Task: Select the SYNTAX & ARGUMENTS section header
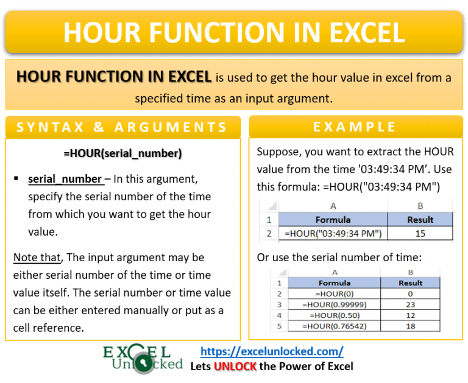[122, 128]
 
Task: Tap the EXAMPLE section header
[355, 127]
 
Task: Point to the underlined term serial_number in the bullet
[65, 179]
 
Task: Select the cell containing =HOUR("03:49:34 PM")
[333, 233]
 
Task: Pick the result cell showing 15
[420, 233]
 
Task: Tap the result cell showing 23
[410, 304]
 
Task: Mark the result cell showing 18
[410, 327]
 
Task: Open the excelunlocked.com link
[272, 351]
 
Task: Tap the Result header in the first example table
[420, 220]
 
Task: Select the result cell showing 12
[410, 315]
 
